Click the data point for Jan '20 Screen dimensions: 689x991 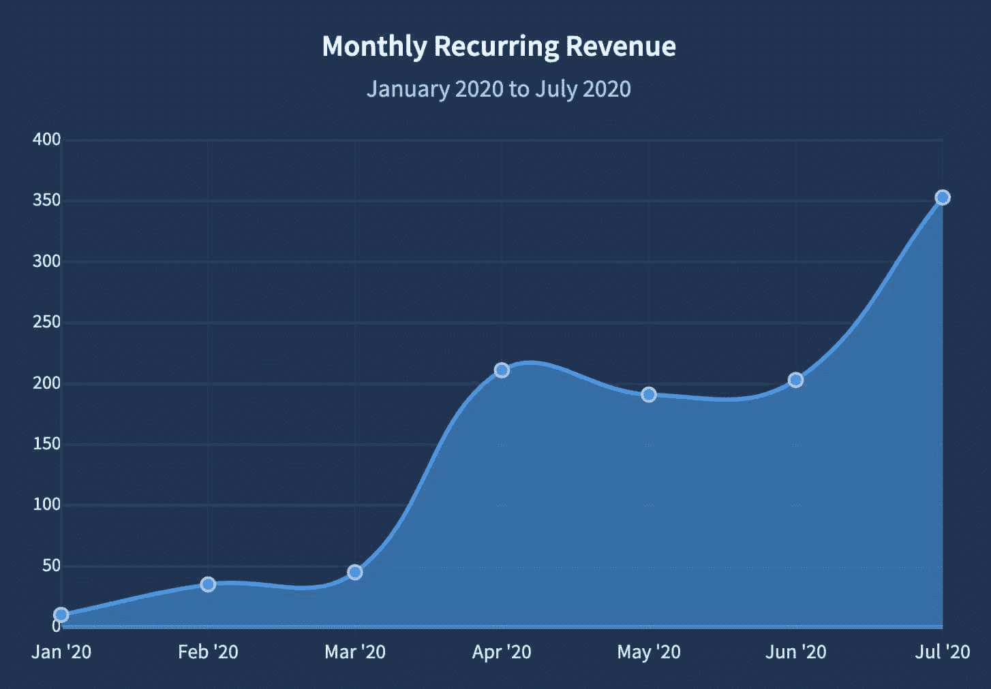[61, 615]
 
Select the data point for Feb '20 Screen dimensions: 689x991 [208, 584]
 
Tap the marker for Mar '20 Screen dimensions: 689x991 [355, 573]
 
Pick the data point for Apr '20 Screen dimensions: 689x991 [502, 370]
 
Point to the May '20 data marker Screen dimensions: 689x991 [649, 395]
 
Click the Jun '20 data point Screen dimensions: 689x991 [795, 380]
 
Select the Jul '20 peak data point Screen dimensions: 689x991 [943, 197]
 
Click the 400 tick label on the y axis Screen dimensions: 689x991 [46, 140]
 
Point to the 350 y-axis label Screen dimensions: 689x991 [46, 200]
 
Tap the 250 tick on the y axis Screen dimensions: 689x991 [46, 322]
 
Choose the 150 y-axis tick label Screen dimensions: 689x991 [46, 444]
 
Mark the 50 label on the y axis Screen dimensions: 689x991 [51, 566]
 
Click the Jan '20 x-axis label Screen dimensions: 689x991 [61, 652]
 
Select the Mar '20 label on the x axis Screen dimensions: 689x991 [355, 652]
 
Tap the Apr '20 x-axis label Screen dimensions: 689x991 [502, 652]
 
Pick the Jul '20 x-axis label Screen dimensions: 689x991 [943, 652]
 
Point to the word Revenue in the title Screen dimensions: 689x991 [621, 47]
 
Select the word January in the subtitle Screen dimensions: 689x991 [408, 89]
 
